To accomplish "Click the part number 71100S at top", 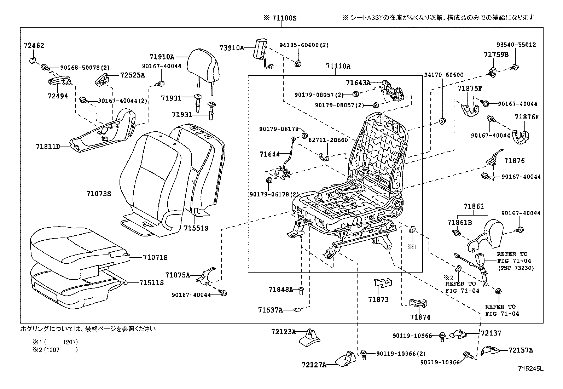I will [x=284, y=17].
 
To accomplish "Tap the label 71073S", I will [x=99, y=194].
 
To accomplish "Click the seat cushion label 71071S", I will [x=156, y=257].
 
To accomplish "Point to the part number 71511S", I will [x=152, y=282].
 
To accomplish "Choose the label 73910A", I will [x=232, y=48].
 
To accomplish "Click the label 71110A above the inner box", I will [x=338, y=66].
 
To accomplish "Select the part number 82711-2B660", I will [x=328, y=140].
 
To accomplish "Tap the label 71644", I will [x=269, y=154].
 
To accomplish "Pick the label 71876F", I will [x=527, y=117].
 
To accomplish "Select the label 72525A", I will [x=133, y=75].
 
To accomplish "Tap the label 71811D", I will [x=48, y=146].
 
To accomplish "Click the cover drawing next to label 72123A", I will [x=310, y=337].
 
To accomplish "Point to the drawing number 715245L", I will [x=530, y=369].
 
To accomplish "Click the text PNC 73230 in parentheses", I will [x=516, y=268].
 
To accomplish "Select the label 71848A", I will [x=281, y=290].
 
